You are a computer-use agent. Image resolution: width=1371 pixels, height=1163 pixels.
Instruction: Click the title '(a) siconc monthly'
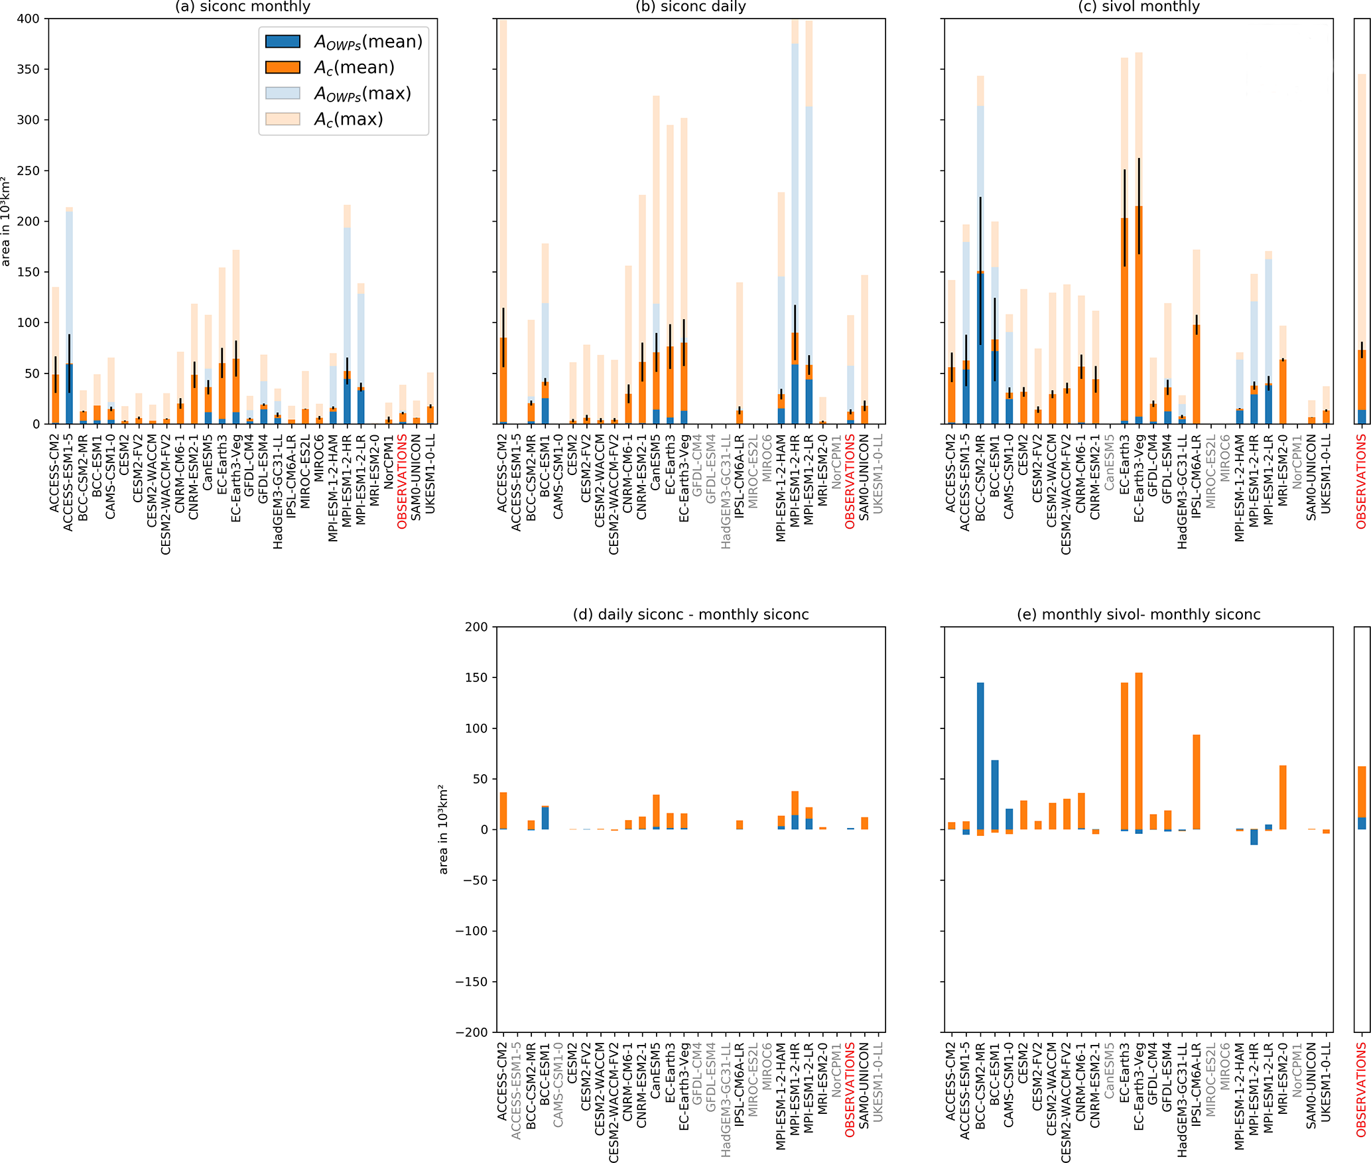[x=242, y=7]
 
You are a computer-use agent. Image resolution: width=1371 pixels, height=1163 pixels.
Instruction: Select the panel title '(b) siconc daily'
[x=690, y=7]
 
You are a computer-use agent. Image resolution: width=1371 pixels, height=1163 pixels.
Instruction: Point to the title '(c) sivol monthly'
[x=1138, y=7]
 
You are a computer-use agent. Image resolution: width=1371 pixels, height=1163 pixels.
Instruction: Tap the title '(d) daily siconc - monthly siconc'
[x=690, y=614]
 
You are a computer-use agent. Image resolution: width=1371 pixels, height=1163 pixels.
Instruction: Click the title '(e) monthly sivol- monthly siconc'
[x=1138, y=614]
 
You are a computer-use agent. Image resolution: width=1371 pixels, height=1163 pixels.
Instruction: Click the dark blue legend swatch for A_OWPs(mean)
[x=283, y=41]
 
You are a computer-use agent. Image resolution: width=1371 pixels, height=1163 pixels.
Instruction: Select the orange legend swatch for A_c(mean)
[x=283, y=67]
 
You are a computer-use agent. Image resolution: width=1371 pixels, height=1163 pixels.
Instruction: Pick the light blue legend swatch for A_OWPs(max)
[x=283, y=93]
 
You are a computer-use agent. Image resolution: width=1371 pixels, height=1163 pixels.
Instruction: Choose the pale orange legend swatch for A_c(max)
[x=283, y=119]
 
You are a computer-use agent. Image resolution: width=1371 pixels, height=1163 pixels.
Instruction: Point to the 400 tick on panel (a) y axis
[x=28, y=19]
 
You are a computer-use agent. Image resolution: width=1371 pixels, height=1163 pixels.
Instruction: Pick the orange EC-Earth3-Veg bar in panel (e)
[x=1139, y=750]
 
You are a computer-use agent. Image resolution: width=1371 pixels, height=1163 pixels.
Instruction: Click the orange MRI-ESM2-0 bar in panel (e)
[x=1283, y=797]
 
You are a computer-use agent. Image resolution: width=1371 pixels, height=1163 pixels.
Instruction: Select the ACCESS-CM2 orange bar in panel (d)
[x=503, y=810]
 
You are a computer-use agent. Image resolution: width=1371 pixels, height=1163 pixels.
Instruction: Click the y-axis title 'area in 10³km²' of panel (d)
[x=443, y=829]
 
